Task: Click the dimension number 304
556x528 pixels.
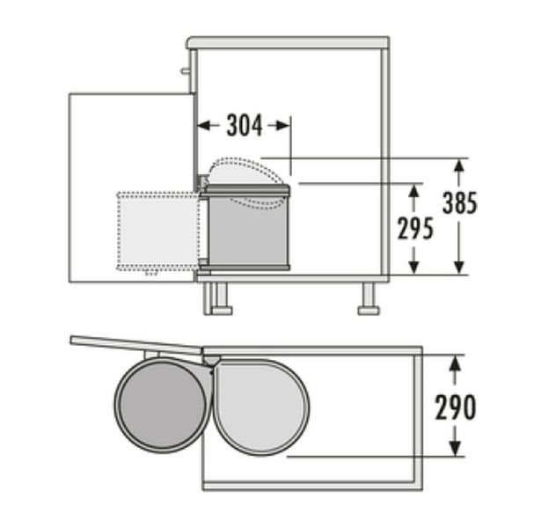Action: (x=245, y=125)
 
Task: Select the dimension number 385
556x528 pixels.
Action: (x=460, y=202)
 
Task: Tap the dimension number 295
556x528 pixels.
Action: (x=415, y=229)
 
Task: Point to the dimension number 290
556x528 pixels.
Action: (x=456, y=407)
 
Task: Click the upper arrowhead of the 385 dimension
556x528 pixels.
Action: (x=459, y=166)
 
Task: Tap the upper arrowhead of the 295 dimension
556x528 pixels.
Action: (x=413, y=192)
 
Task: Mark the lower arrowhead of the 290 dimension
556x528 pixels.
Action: (x=455, y=449)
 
